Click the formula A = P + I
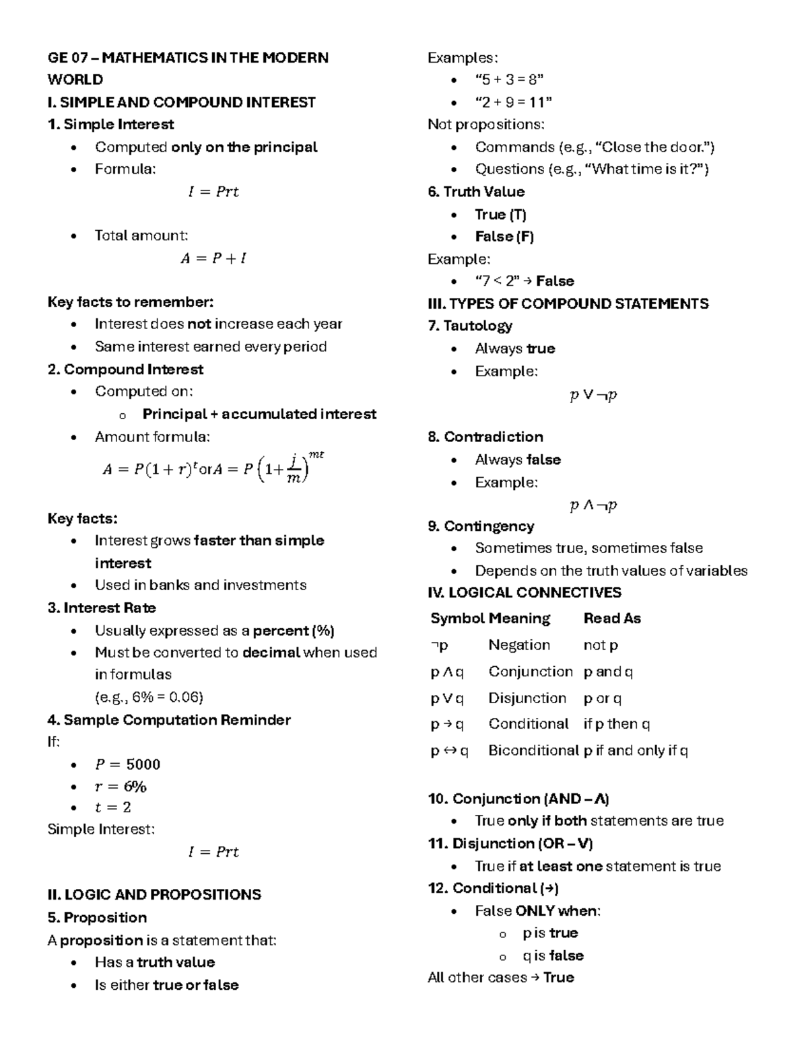pos(213,258)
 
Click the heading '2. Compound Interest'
pos(125,369)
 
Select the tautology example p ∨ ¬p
pos(593,395)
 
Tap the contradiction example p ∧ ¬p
pos(593,505)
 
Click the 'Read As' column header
pos(611,618)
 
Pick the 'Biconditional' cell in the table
pos(533,750)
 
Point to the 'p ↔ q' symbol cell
pos(449,750)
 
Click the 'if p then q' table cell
pos(616,724)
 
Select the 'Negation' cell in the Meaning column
pos(519,645)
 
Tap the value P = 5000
pos(127,764)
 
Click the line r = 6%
pos(121,787)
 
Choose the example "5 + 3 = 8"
pos(509,79)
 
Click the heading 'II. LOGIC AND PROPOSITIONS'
pos(154,895)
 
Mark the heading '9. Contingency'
pos(481,526)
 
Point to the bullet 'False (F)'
pos(504,237)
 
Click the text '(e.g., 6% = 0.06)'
pos(149,697)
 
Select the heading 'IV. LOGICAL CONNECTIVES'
pos(524,593)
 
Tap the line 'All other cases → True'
pos(500,978)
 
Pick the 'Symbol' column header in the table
pos(457,618)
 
